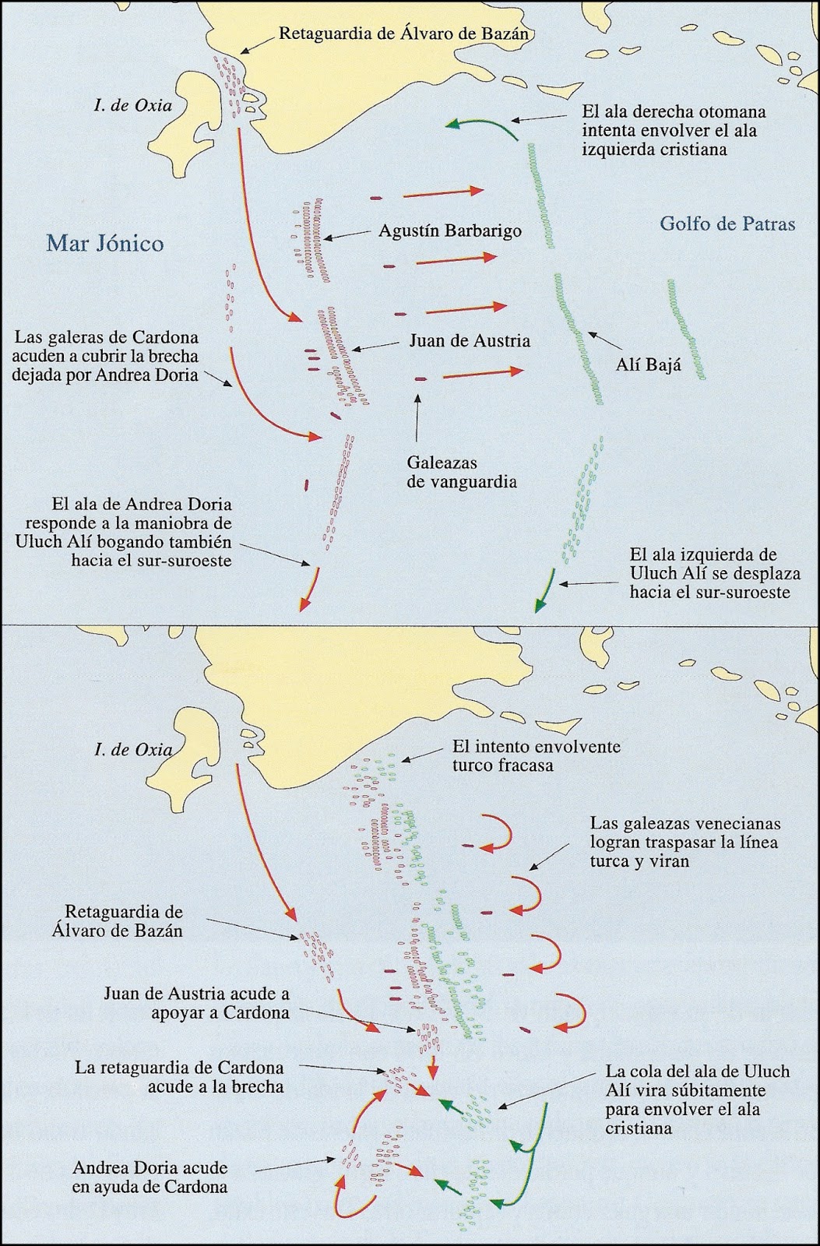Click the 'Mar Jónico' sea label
[x=105, y=244]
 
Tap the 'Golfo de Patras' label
[x=727, y=224]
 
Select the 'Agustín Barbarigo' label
[x=449, y=231]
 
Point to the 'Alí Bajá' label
[x=648, y=364]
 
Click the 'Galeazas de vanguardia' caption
[x=462, y=471]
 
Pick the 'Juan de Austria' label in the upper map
[x=470, y=340]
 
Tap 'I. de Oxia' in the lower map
[x=133, y=751]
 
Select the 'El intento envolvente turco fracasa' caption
[x=536, y=755]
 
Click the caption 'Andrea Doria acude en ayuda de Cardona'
[x=150, y=1177]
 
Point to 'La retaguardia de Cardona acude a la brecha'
[x=179, y=1076]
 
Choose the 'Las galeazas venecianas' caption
[x=685, y=843]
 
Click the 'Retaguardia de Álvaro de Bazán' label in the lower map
[x=125, y=920]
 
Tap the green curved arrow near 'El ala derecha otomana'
[x=482, y=125]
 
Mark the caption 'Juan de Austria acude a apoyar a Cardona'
[x=197, y=1003]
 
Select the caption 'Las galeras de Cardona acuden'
[x=107, y=356]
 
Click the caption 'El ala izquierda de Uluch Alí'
[x=714, y=573]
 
